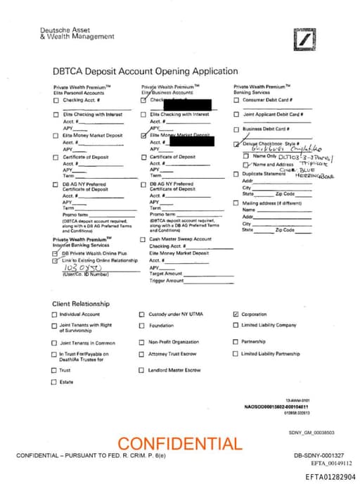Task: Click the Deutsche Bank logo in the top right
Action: click(304, 40)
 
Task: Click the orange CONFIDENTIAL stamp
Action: click(179, 444)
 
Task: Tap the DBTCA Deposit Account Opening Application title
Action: click(145, 71)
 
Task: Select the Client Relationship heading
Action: click(81, 303)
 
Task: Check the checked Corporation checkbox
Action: click(236, 314)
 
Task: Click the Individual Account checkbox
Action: click(55, 314)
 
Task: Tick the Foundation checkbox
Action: click(141, 326)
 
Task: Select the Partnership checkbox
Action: click(236, 342)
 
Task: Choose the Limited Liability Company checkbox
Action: click(236, 325)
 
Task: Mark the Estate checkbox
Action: click(55, 382)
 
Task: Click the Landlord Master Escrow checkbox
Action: click(141, 370)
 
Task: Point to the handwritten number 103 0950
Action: click(83, 268)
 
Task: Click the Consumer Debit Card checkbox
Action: click(236, 100)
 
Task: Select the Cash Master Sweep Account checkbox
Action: click(143, 239)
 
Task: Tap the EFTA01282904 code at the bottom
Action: click(330, 476)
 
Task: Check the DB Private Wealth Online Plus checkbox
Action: click(56, 253)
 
